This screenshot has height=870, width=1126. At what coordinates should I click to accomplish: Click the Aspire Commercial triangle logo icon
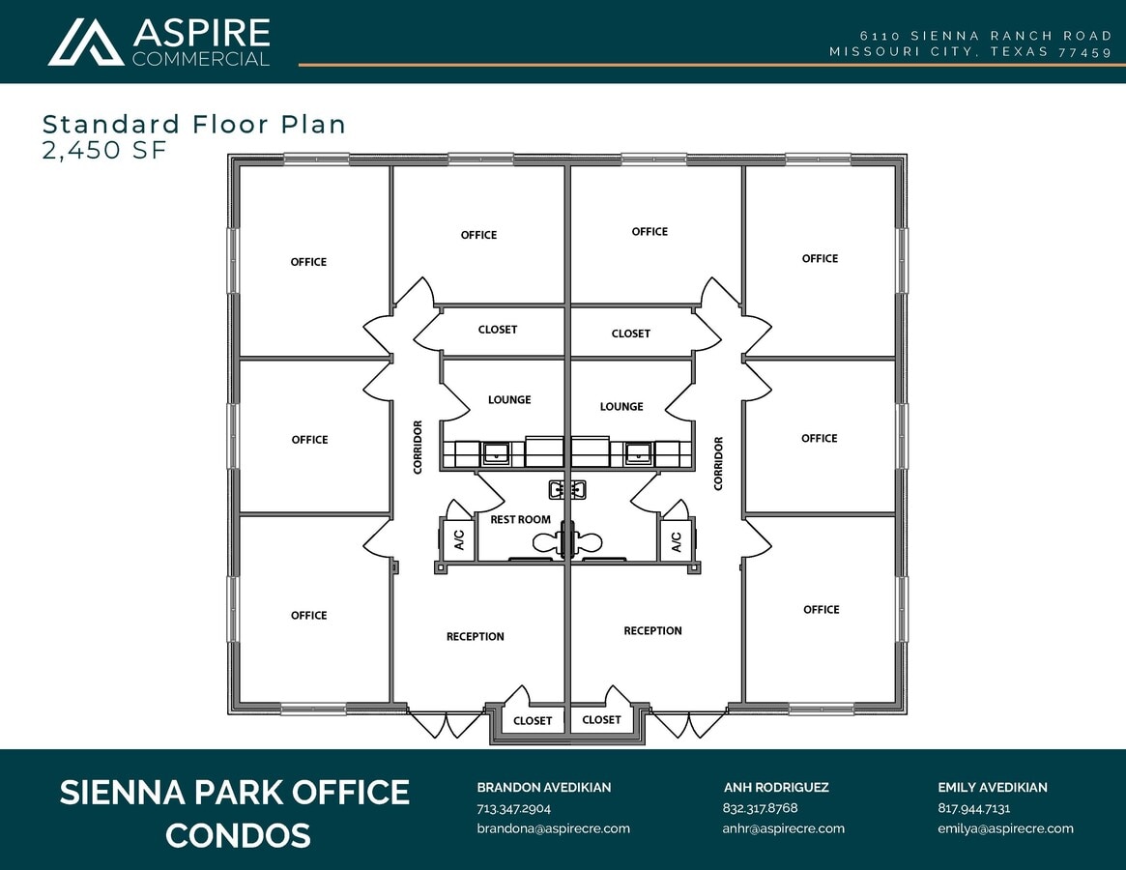click(86, 42)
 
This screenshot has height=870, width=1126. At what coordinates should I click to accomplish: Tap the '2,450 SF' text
click(97, 150)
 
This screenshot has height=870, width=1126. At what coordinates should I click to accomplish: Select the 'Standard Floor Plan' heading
click(194, 124)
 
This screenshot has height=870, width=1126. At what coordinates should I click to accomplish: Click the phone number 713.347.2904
click(513, 808)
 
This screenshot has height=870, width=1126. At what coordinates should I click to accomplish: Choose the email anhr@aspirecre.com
click(783, 828)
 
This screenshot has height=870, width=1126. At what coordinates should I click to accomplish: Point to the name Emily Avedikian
click(992, 788)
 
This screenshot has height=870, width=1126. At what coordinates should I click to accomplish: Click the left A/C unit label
click(459, 540)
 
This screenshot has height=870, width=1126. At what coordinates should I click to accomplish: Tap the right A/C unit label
click(676, 541)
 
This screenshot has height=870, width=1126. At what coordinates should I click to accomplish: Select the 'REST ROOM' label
click(520, 519)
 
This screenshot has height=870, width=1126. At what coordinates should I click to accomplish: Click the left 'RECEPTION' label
click(475, 636)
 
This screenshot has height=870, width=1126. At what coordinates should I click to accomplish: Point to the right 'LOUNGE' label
click(621, 407)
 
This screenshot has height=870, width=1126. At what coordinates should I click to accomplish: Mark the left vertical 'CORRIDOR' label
click(419, 447)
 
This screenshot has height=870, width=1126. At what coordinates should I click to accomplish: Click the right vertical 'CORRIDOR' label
click(718, 463)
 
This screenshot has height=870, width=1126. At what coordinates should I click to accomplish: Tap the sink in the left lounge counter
click(496, 451)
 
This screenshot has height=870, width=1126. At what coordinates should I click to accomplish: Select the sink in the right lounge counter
click(637, 451)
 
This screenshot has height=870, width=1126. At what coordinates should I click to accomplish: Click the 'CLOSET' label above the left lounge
click(498, 330)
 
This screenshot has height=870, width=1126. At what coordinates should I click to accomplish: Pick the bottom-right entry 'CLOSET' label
click(601, 719)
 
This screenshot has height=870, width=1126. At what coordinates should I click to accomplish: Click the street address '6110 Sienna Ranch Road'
click(986, 36)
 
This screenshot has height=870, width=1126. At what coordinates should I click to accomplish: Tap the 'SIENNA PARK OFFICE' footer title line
click(235, 793)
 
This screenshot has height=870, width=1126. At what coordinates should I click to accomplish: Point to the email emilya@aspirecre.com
click(1005, 828)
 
